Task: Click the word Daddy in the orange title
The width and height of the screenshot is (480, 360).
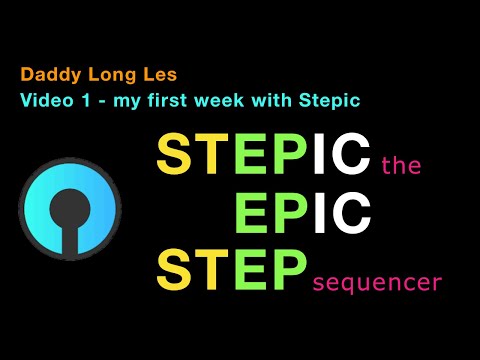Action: coord(42,75)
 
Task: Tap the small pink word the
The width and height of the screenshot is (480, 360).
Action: coord(402,168)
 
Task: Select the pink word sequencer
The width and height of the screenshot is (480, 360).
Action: coord(376,283)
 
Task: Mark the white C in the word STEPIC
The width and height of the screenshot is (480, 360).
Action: coord(349,156)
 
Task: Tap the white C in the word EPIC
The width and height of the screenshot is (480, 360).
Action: coord(350,213)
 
